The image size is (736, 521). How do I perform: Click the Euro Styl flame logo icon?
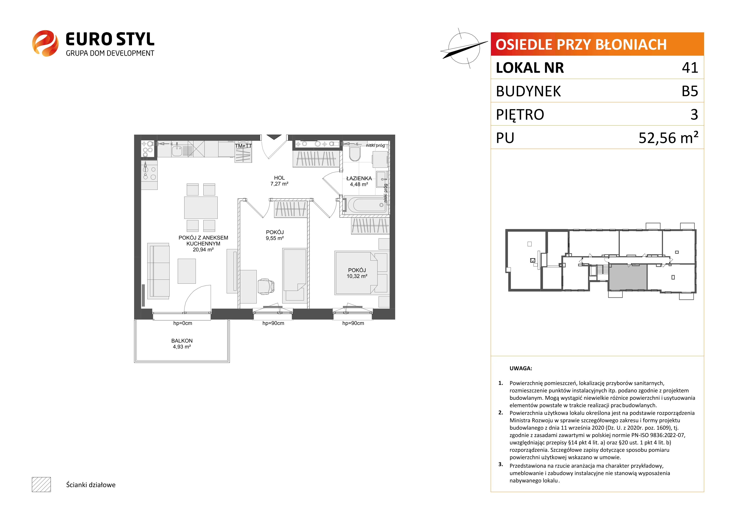45,43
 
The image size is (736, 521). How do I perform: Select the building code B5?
690,91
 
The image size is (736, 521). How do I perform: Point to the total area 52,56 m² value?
668,137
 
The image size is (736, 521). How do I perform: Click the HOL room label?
279,178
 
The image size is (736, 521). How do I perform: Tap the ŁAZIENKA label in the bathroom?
359,178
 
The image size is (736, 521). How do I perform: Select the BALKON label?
182,341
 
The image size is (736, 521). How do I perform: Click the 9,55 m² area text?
275,238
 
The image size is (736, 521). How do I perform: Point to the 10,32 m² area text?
357,276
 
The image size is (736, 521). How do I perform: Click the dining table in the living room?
201,207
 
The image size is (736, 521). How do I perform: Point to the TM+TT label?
243,146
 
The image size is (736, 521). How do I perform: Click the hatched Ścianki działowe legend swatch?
41,484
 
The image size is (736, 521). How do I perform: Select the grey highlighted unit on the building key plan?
628,277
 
